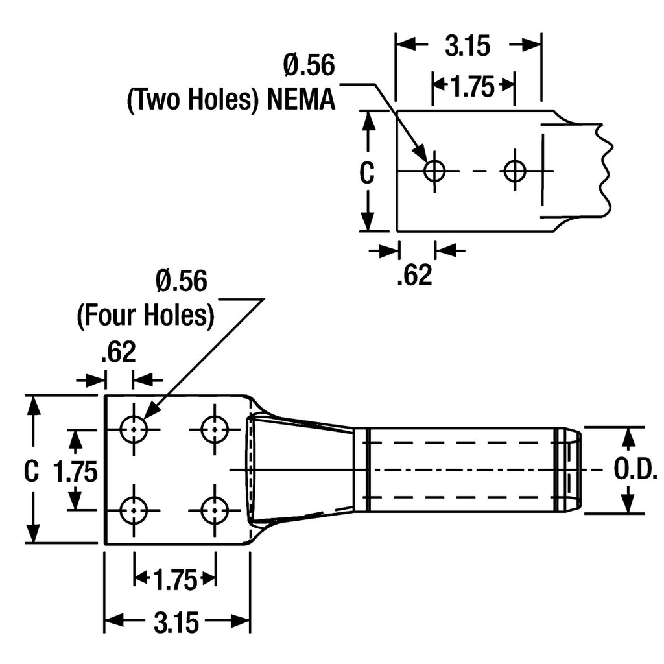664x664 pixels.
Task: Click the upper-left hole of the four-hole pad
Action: (x=134, y=429)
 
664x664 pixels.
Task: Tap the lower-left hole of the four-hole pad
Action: (x=134, y=510)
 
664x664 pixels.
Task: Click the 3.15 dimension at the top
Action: (x=469, y=46)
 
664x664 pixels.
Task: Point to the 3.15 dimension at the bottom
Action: (x=176, y=623)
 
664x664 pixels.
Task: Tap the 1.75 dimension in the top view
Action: (x=473, y=86)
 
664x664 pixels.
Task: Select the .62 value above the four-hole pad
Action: (x=117, y=352)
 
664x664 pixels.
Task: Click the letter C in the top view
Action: (x=367, y=173)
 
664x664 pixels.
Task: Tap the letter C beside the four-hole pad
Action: (x=30, y=471)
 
